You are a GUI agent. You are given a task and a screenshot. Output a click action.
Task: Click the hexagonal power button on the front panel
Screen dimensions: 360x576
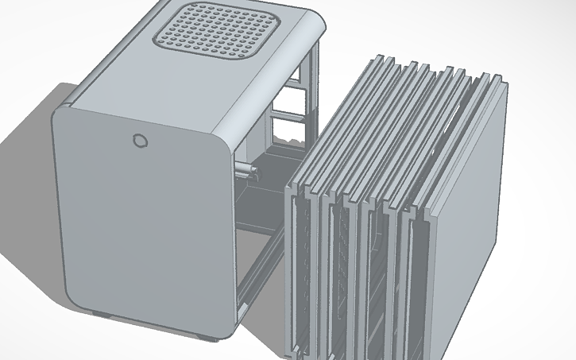coord(139,141)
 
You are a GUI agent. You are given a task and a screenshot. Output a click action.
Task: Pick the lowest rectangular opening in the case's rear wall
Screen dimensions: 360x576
coord(285,130)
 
